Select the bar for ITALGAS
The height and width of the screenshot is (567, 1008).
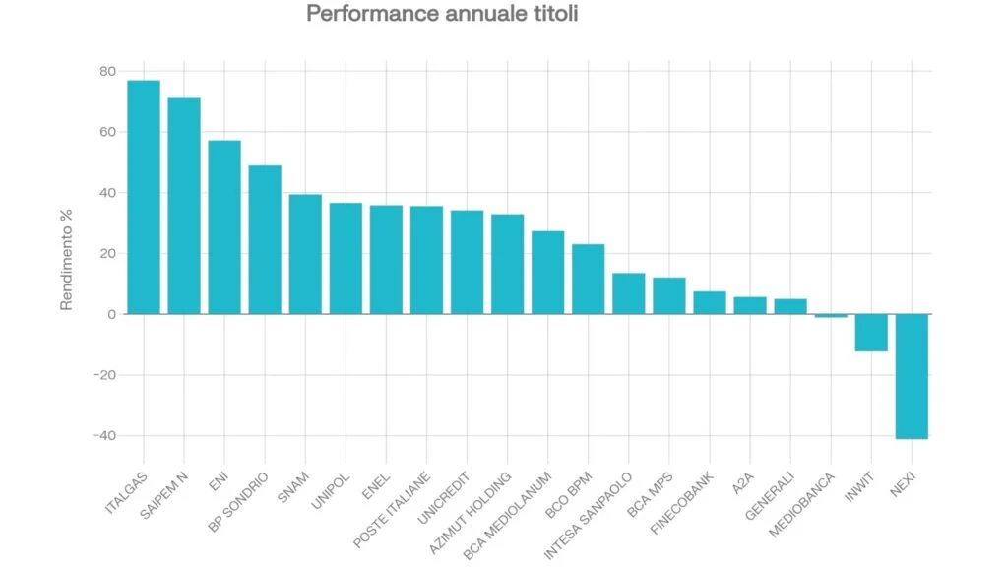click(144, 197)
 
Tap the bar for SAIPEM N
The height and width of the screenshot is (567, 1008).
click(184, 206)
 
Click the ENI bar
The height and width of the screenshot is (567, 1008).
click(224, 227)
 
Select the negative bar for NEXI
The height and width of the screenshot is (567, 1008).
click(911, 376)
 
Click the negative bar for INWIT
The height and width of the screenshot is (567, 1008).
click(870, 333)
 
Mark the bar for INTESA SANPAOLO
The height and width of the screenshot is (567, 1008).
click(628, 293)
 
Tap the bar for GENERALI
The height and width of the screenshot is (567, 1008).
click(789, 306)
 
